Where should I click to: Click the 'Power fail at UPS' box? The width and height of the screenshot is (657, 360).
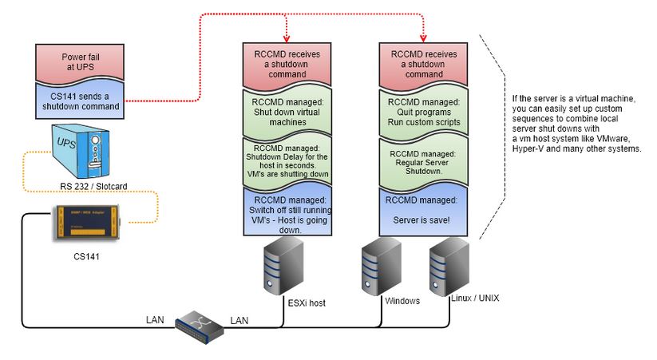pos(77,63)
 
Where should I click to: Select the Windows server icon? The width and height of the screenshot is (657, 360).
pos(378,268)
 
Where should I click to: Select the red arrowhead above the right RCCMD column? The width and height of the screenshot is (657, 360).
pos(422,36)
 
